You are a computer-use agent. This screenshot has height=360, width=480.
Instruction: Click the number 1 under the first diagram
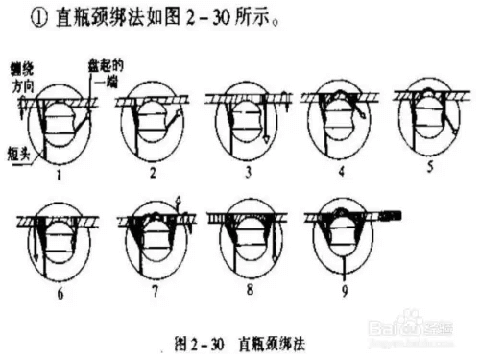60,177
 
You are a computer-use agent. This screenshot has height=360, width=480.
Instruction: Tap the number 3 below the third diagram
247,173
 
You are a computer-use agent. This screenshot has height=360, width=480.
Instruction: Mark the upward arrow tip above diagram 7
178,198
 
